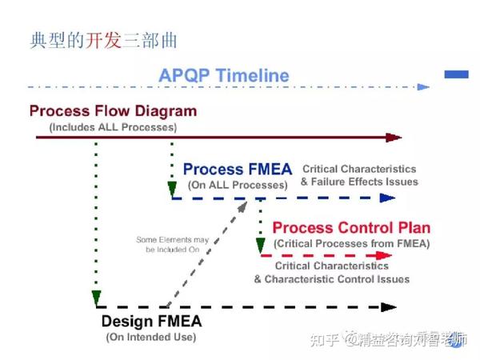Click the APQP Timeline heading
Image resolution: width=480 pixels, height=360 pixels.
[223, 76]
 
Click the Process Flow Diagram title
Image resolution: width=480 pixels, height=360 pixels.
[113, 111]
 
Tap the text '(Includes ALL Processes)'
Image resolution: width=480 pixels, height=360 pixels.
[113, 126]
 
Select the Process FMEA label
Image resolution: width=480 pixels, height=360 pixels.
[237, 170]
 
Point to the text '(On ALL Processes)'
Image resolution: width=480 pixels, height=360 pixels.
[238, 185]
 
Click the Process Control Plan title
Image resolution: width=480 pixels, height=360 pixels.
[351, 228]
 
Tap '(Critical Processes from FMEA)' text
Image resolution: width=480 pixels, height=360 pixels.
[351, 243]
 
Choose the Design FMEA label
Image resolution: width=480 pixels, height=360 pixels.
[151, 322]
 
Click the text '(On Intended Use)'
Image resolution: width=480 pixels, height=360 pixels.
[150, 337]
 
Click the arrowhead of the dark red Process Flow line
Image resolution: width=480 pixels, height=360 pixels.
[393, 138]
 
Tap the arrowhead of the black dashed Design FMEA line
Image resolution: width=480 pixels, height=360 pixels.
[389, 306]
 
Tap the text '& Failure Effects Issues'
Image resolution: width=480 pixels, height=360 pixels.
[359, 182]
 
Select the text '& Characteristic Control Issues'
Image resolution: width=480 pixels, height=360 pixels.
[332, 279]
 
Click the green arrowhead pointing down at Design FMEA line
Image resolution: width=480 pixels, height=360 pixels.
[96, 299]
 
